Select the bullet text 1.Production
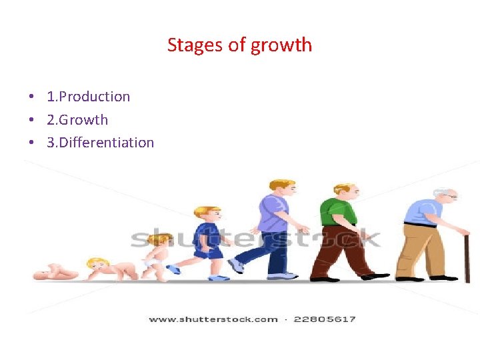coord(88,97)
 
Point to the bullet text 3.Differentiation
coord(100,143)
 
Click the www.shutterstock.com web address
coord(213,319)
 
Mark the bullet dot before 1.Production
coord(31,97)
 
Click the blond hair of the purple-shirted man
coord(280,184)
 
